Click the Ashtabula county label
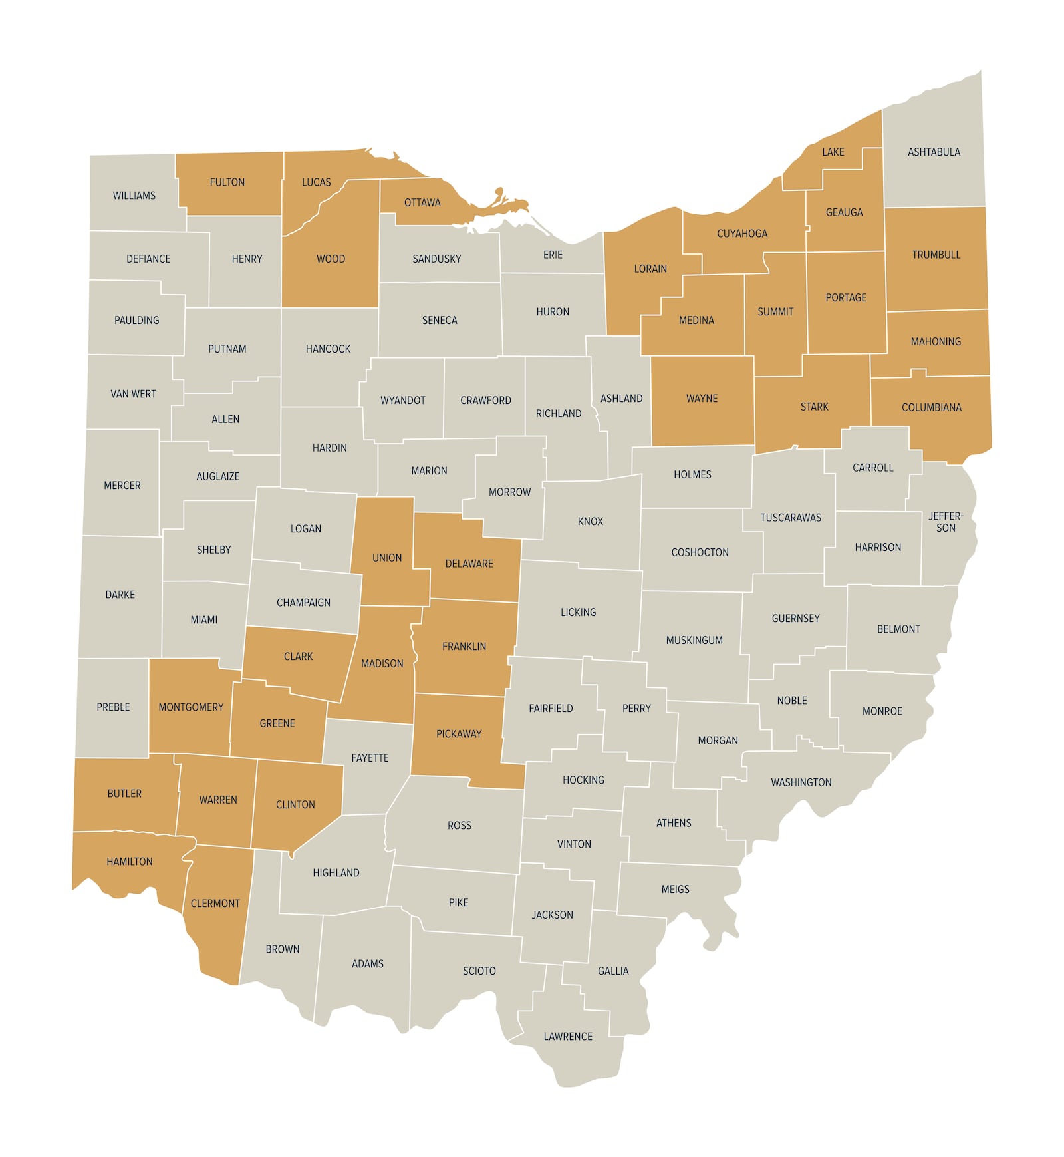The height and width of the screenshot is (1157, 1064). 934,152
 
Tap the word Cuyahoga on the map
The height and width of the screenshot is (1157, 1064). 742,234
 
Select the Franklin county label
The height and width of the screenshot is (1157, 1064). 464,647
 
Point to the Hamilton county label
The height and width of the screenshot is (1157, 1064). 130,862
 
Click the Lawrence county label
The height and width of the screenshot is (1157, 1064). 568,1037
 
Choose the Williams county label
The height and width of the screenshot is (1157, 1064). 134,196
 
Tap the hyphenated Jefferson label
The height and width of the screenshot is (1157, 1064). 946,522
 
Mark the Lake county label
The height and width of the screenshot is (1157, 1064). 833,152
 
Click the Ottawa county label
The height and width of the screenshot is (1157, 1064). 422,203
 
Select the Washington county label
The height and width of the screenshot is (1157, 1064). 801,782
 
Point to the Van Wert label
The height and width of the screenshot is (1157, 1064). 133,394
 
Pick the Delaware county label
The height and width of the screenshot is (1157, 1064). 469,564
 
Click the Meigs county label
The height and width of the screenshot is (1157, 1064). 676,889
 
